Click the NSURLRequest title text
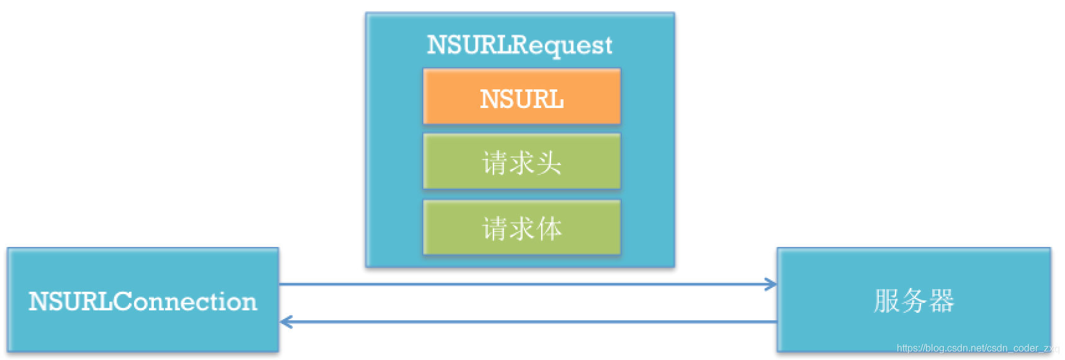point(519,45)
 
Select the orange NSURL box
point(521,96)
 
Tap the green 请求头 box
point(521,161)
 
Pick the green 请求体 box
point(521,227)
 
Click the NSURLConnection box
point(143,300)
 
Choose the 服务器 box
point(914,300)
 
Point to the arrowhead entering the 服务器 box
point(771,284)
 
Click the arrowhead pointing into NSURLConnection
point(285,322)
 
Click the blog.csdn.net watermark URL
point(977,349)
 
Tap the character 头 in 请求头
point(549,163)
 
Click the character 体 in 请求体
point(550,228)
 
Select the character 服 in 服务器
point(886,301)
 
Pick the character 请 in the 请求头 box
point(495,163)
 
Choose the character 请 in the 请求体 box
point(495,228)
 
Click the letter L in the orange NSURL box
point(556,99)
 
